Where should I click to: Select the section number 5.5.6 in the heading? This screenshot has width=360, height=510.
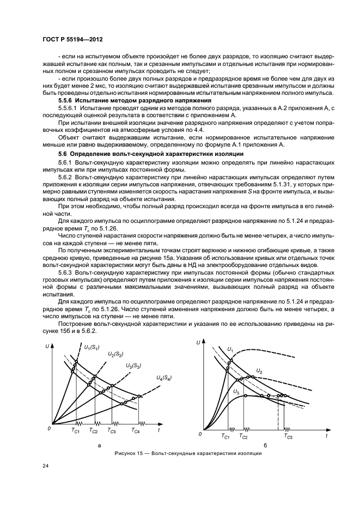point(66,101)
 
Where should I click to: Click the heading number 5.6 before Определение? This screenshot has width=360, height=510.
point(63,155)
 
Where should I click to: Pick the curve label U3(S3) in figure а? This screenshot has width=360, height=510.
point(134,366)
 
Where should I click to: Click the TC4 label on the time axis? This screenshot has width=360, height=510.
point(136,431)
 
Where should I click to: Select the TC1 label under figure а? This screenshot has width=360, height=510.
point(76,431)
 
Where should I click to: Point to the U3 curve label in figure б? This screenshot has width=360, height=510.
point(236,391)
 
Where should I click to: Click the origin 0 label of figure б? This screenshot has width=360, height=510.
point(200,434)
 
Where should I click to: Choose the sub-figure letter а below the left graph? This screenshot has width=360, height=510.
point(99,446)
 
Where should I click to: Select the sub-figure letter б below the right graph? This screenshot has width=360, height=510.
point(265,446)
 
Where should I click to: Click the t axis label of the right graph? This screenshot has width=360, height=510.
point(326,436)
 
